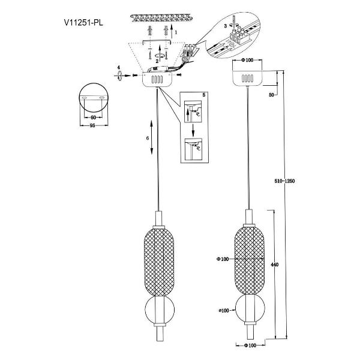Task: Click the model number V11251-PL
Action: (83, 23)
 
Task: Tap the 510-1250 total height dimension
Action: (284, 181)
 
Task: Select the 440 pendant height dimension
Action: (275, 265)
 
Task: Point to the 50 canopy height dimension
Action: (272, 95)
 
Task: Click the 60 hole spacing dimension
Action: (93, 118)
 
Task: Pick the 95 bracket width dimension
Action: (92, 125)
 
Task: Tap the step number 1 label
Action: (176, 32)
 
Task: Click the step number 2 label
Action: (157, 61)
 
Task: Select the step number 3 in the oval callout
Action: (225, 26)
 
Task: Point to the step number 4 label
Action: (118, 67)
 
